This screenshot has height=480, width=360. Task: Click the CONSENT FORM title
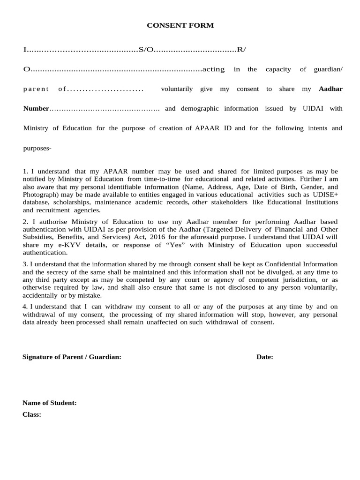[x=180, y=26]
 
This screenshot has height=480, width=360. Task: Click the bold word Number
[x=36, y=109]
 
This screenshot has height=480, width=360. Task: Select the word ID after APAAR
[x=228, y=128]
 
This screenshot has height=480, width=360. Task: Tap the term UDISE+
[x=326, y=195]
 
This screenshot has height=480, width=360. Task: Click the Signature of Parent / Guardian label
[x=72, y=357]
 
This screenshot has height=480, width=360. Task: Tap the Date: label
[x=265, y=357]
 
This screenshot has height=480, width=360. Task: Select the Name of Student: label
[x=50, y=403]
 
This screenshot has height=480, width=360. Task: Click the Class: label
[x=32, y=415]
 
